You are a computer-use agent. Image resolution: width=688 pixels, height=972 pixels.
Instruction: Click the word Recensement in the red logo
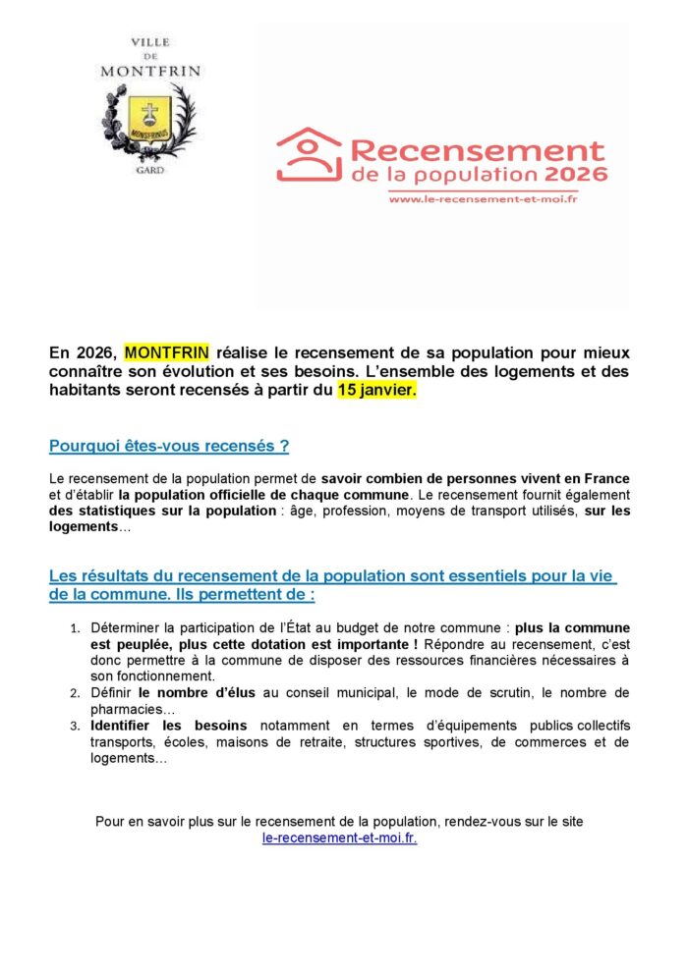pos(477,151)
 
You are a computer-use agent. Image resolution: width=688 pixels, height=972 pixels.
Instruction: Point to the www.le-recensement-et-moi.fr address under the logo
pos(482,199)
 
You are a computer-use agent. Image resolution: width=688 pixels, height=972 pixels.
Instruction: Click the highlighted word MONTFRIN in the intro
pos(167,352)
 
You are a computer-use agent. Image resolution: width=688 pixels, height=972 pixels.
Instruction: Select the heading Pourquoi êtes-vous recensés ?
pos(169,446)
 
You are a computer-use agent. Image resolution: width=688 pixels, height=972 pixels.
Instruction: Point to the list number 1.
pos(75,627)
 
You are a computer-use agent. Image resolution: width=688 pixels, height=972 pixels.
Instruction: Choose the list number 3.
pos(75,727)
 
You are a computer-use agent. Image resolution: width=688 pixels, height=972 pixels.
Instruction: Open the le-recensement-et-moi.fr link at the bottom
pos(340,839)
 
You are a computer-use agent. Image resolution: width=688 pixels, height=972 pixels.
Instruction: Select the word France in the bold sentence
pos(606,478)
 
